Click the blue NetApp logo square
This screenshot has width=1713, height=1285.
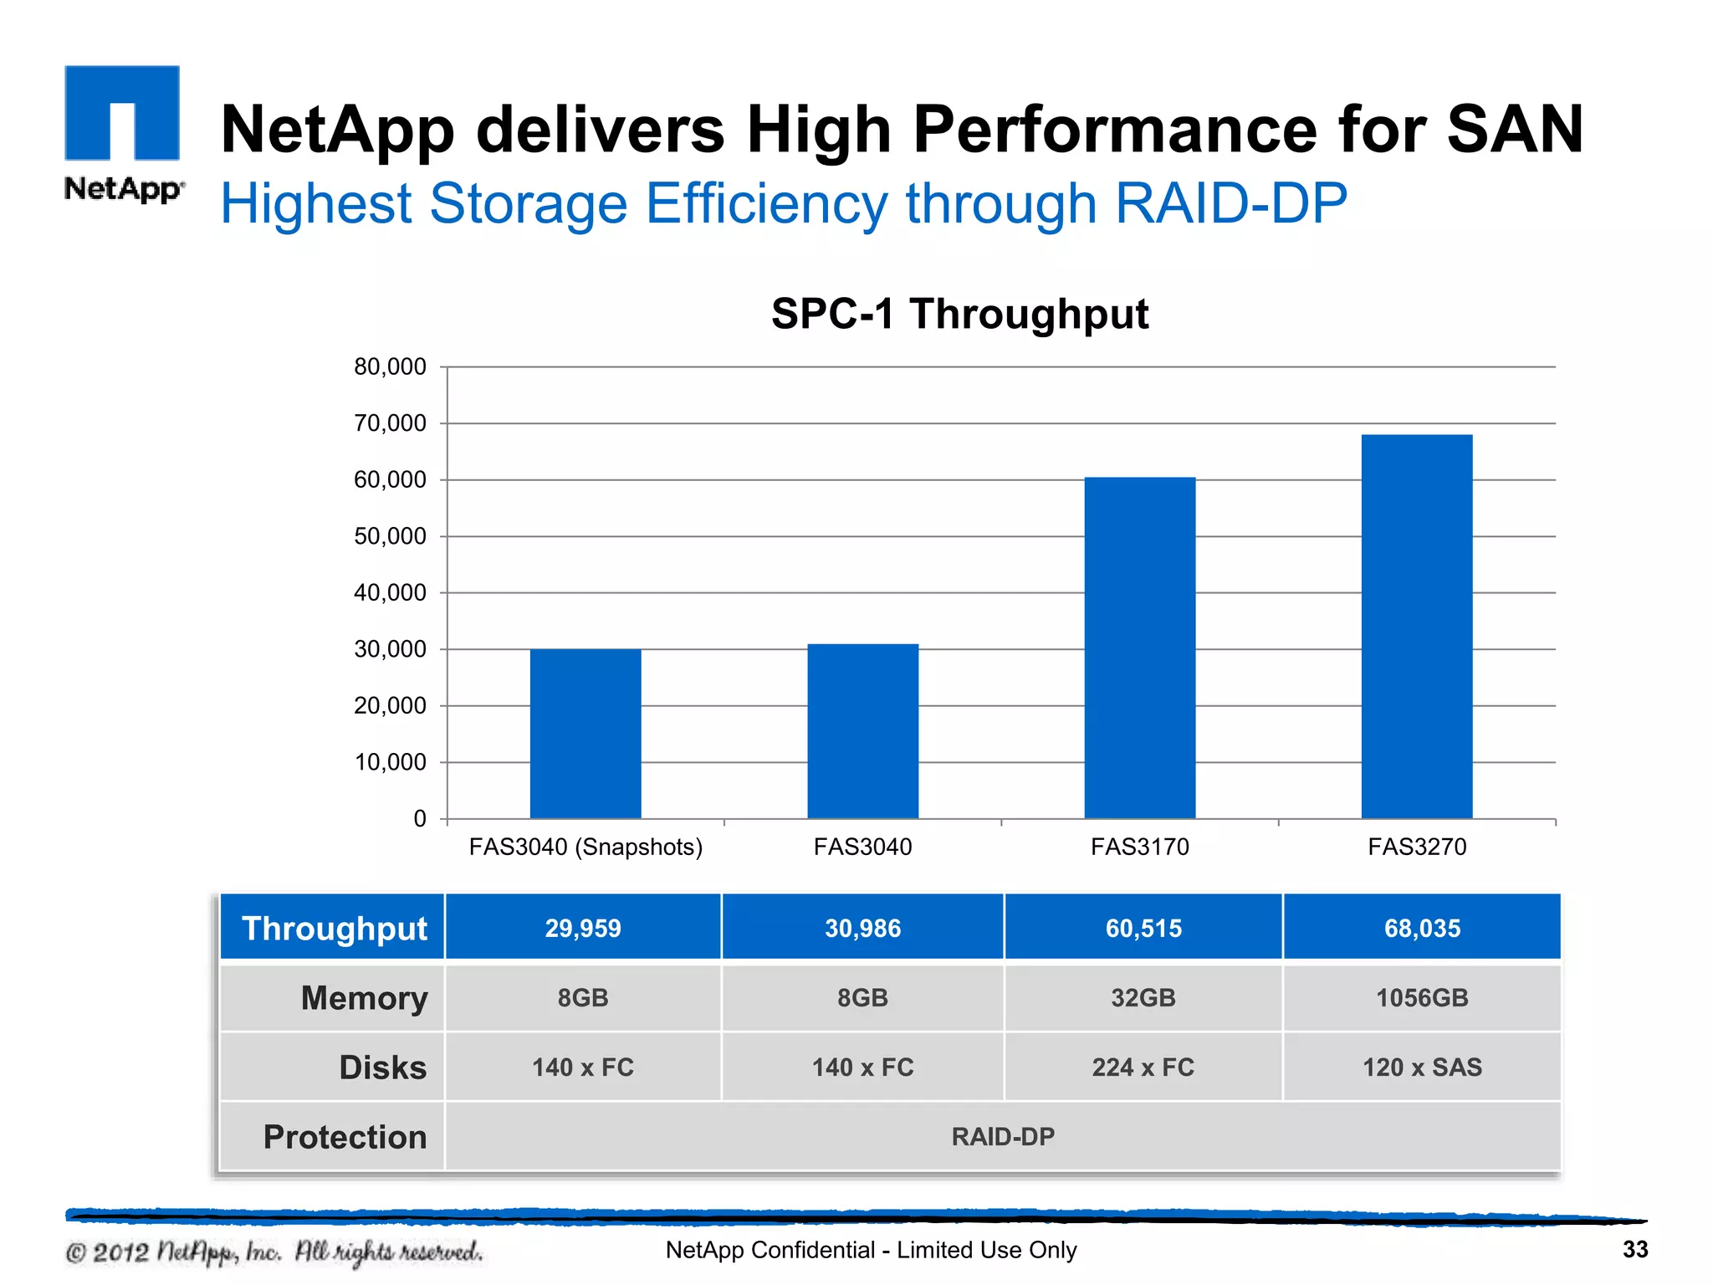click(x=122, y=112)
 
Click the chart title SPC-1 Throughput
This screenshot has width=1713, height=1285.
click(x=959, y=315)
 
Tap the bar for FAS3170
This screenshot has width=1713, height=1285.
click(x=1139, y=648)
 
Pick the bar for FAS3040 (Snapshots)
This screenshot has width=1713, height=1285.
click(x=585, y=733)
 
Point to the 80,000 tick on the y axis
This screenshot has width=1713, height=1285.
click(x=390, y=366)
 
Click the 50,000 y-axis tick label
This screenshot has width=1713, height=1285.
click(x=390, y=536)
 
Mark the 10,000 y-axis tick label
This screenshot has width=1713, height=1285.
click(x=390, y=762)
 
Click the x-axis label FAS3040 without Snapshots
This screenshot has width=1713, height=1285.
click(x=862, y=847)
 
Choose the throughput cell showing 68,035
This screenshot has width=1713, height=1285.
click(x=1422, y=928)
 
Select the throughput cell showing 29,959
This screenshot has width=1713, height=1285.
click(x=583, y=928)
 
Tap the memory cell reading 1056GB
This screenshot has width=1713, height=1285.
click(x=1422, y=997)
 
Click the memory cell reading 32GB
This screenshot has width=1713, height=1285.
click(x=1143, y=997)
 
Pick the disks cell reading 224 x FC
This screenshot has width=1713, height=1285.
click(x=1143, y=1067)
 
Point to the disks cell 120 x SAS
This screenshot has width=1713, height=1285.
click(x=1422, y=1067)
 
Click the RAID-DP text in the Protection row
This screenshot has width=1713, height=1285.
click(x=1002, y=1136)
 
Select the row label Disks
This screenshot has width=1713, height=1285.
click(x=382, y=1067)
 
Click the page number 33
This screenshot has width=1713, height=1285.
click(x=1634, y=1249)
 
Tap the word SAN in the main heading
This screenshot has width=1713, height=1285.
click(x=1515, y=130)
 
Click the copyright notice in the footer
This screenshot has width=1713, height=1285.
click(x=274, y=1252)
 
